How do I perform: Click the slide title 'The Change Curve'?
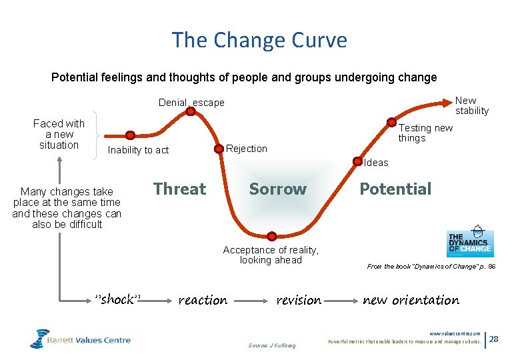click(259, 40)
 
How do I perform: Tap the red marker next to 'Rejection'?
click(219, 149)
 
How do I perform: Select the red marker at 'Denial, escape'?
click(191, 111)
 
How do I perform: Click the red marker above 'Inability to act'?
click(131, 135)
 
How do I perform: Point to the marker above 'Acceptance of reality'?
click(271, 235)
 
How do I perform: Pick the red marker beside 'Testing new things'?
click(391, 123)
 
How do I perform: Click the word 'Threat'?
click(179, 189)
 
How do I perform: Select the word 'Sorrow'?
click(277, 189)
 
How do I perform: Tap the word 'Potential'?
click(395, 189)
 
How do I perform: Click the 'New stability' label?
click(471, 106)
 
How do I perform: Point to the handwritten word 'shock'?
click(118, 300)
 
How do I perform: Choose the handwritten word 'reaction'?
click(203, 301)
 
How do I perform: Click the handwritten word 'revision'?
click(299, 301)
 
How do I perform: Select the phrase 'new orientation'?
click(411, 301)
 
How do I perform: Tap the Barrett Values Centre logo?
click(80, 339)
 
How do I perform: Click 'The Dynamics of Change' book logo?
click(470, 241)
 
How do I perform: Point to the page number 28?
click(494, 339)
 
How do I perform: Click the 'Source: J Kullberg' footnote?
click(271, 345)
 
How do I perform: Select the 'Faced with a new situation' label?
click(59, 134)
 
